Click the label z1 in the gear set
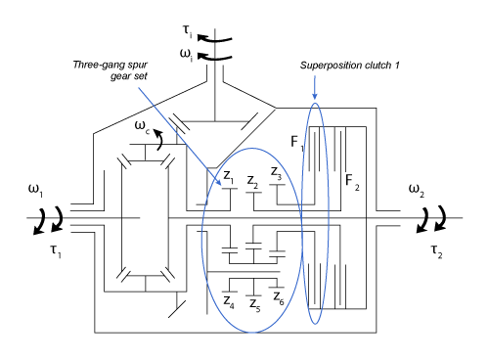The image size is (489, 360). (228, 176)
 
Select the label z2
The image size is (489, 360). (252, 180)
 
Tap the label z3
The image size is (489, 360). (278, 174)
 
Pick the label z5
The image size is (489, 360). (254, 306)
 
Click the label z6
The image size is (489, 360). (280, 296)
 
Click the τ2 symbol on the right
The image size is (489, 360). (437, 249)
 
